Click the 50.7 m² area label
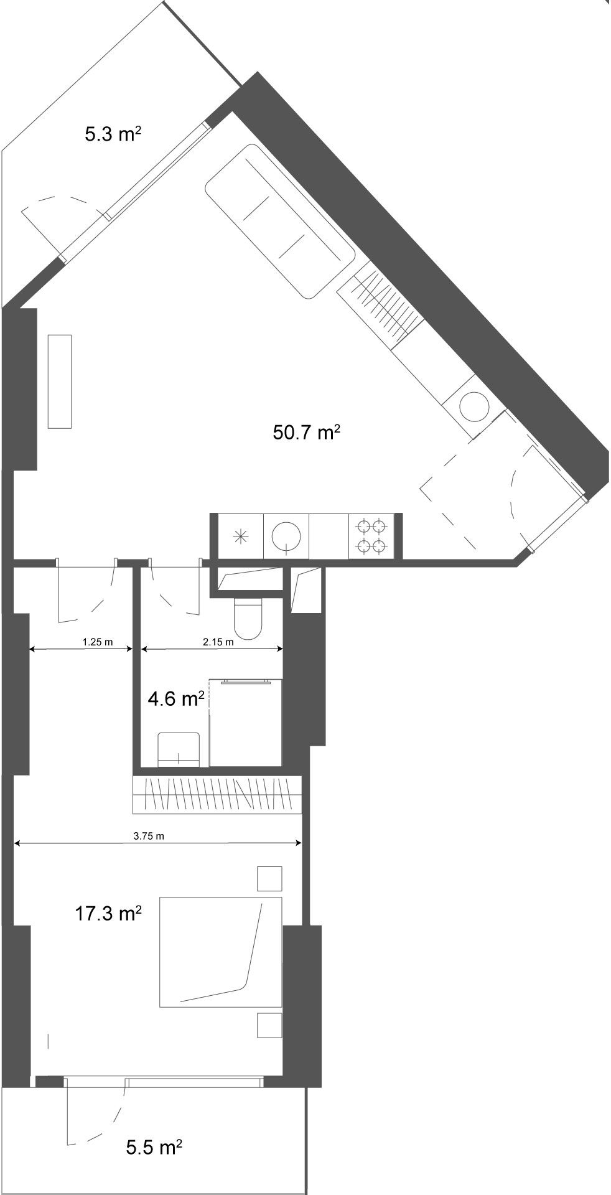tap(306, 432)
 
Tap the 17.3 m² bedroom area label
tap(108, 914)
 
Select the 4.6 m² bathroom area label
tap(176, 700)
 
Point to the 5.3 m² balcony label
tap(111, 134)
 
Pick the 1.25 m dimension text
tap(97, 643)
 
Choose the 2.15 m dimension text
tap(218, 643)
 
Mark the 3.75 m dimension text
tap(149, 836)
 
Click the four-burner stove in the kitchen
tap(371, 537)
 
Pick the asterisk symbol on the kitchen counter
tap(241, 537)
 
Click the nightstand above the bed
tap(270, 879)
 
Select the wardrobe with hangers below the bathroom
tap(217, 795)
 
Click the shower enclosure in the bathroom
tap(246, 723)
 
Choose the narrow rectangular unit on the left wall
tap(60, 382)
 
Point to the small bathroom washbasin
tap(179, 750)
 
